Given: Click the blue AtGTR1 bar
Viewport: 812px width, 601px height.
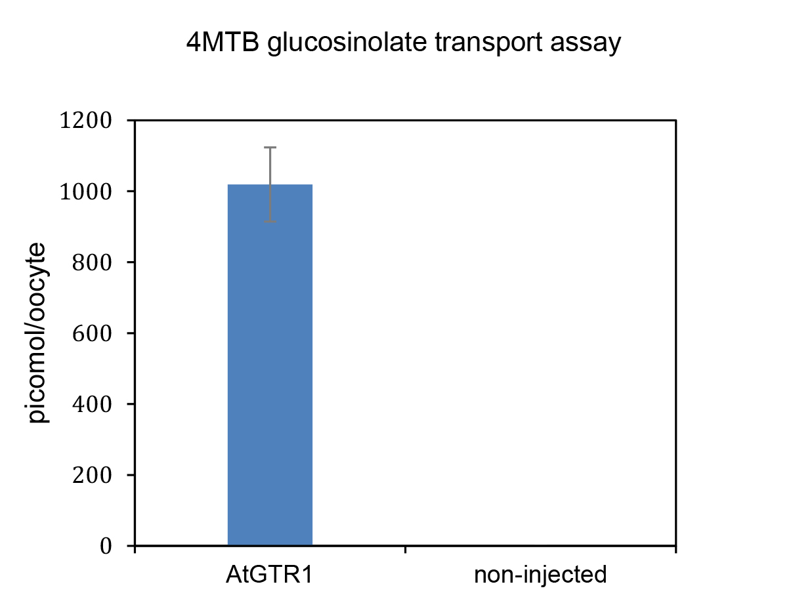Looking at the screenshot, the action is (270, 365).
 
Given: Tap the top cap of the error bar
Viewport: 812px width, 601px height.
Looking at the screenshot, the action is (270, 147).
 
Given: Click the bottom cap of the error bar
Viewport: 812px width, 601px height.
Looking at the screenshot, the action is (270, 222).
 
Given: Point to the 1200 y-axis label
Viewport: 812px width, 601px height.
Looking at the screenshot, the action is (86, 121).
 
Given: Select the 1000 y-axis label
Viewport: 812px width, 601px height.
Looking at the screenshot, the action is (86, 192).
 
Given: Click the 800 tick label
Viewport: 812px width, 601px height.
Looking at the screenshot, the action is (91, 262).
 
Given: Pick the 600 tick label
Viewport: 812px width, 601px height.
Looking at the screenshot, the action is (91, 333).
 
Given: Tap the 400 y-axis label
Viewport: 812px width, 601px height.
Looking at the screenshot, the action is (91, 404).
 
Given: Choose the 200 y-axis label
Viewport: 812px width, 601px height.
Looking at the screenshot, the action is (91, 475).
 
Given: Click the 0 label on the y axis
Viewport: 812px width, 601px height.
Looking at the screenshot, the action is (106, 546).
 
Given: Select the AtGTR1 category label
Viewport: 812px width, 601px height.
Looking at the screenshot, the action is (269, 574).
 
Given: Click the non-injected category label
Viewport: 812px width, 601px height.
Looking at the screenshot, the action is (540, 575).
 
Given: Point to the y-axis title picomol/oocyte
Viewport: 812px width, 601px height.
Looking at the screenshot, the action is (37, 333).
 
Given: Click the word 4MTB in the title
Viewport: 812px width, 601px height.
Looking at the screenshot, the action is (223, 42).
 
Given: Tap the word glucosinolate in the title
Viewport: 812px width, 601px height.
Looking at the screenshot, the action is (347, 43).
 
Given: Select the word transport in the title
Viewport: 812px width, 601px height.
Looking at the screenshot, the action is (488, 44).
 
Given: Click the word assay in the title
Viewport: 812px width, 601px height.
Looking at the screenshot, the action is (586, 45).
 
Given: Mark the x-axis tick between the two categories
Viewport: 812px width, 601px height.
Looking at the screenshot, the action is (405, 549).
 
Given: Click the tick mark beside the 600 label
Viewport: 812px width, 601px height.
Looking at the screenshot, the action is (131, 333).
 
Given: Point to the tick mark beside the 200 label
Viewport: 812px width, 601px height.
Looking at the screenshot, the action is (131, 475).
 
